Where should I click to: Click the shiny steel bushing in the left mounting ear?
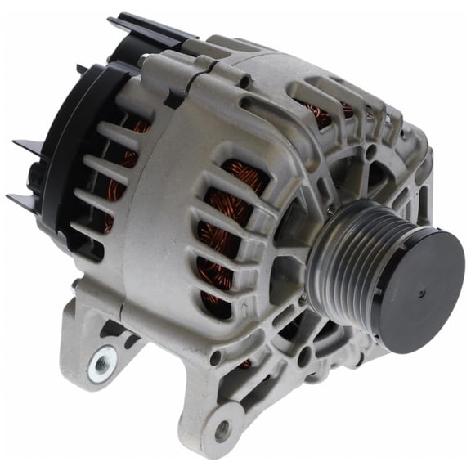coord(102,362)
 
